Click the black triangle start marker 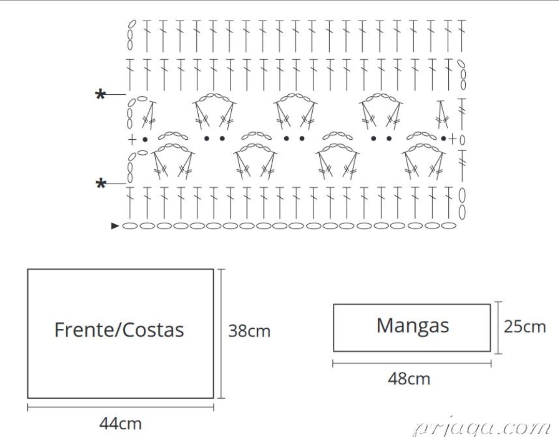(115, 226)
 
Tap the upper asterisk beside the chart (100, 95)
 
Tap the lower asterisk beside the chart (101, 184)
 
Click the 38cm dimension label (249, 331)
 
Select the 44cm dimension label (121, 424)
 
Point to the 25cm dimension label (525, 327)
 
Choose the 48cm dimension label (409, 378)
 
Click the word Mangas (413, 326)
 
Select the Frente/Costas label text (119, 330)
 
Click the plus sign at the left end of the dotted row (132, 139)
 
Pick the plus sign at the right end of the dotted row (452, 139)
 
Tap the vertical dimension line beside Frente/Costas (222, 333)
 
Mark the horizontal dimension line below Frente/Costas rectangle (121, 407)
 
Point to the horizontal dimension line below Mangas (412, 363)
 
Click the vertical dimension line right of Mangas (498, 328)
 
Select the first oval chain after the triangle (130, 226)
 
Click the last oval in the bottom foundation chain (448, 225)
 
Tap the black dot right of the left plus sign (145, 139)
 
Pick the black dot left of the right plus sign (443, 138)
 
